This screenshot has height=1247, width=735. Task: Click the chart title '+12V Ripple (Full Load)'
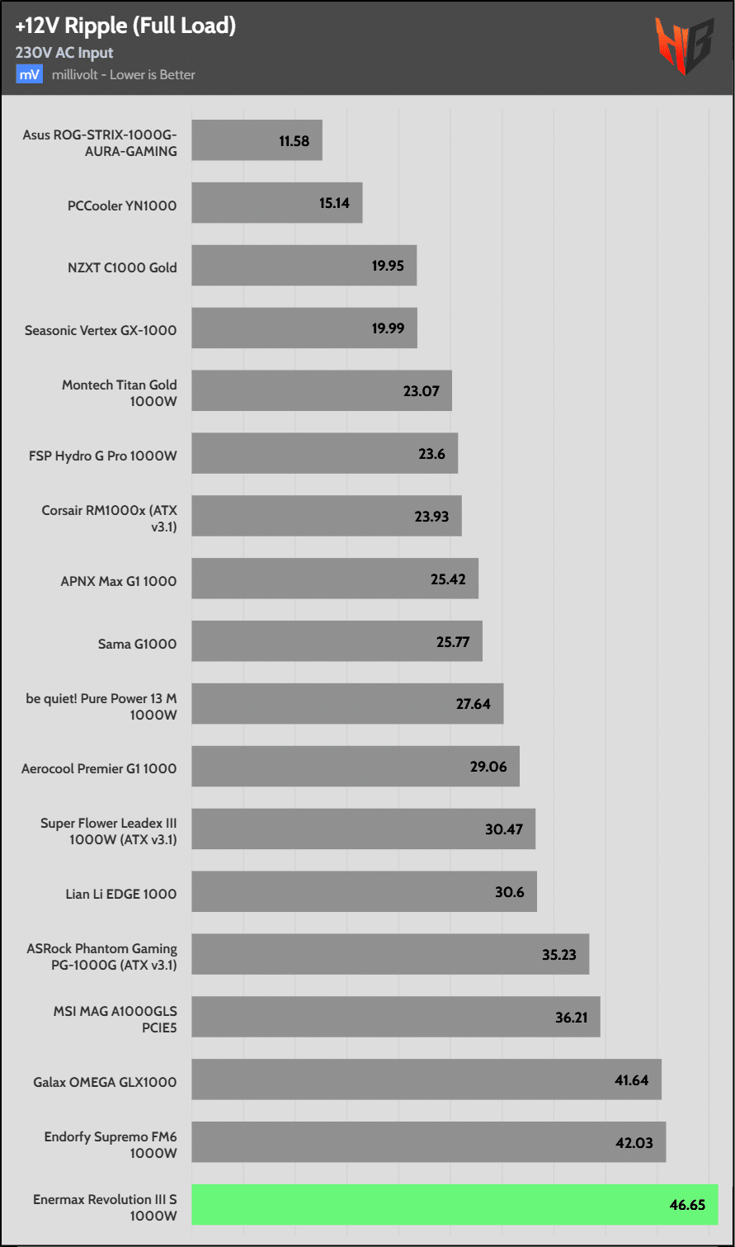click(125, 26)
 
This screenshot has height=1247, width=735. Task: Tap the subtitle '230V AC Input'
click(64, 53)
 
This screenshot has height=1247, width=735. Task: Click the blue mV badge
click(30, 74)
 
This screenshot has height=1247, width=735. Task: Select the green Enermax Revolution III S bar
click(455, 1204)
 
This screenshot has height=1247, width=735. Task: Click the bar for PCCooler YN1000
click(276, 203)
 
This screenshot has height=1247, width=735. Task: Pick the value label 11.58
click(294, 141)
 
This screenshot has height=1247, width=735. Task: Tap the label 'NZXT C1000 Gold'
click(121, 267)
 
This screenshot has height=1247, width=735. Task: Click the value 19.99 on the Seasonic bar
click(388, 328)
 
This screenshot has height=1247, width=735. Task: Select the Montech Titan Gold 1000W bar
click(322, 391)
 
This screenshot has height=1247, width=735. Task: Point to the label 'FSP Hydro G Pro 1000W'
click(103, 456)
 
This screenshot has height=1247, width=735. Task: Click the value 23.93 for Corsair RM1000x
click(431, 517)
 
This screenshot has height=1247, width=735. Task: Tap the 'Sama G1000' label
click(137, 644)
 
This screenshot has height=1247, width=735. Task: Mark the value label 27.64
click(474, 704)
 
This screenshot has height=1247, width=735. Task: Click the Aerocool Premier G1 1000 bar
click(355, 767)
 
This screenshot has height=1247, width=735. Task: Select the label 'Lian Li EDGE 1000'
click(121, 894)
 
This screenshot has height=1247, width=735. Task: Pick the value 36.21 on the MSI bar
click(571, 1018)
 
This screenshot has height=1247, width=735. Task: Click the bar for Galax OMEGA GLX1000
click(426, 1079)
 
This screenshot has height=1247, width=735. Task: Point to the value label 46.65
click(687, 1205)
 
